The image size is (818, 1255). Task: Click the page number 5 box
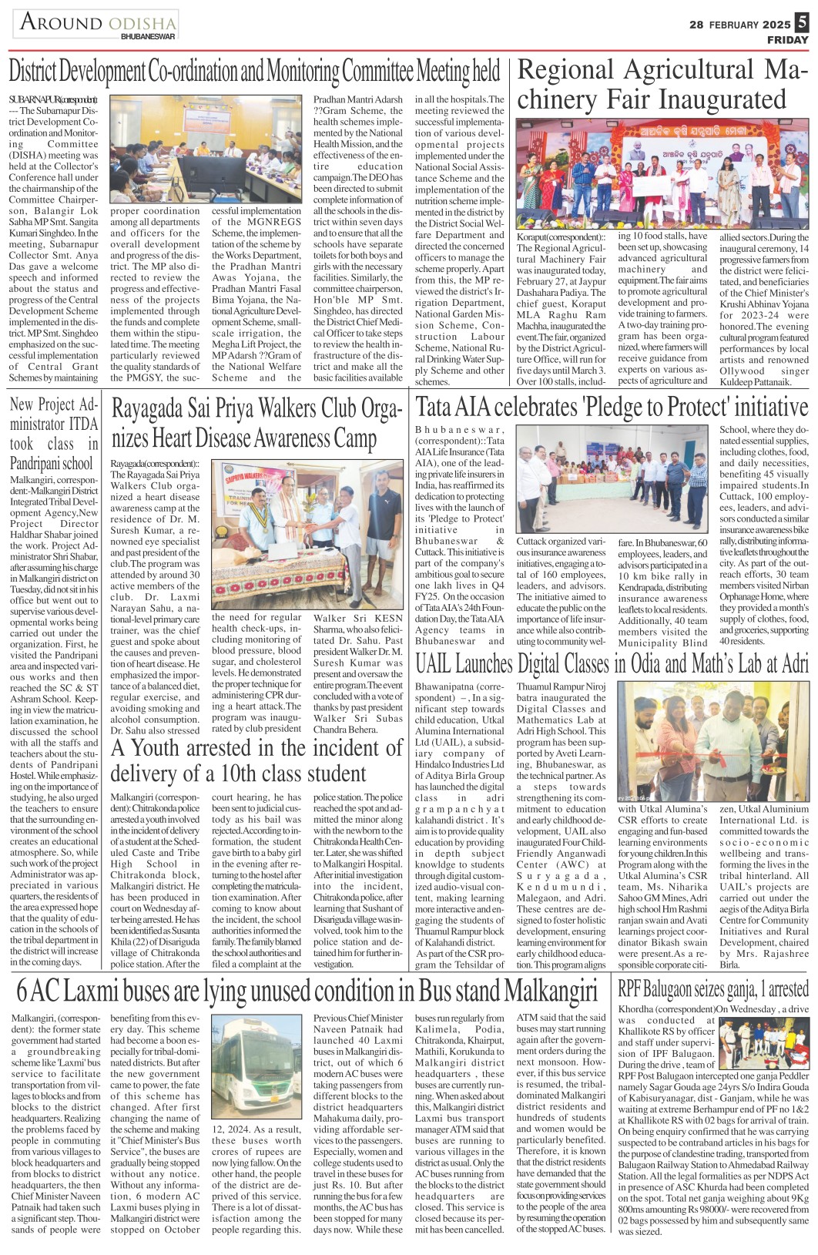[x=801, y=23]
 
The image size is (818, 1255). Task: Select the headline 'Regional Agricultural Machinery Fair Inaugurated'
[x=662, y=85]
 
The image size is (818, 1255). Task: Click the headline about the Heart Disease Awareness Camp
[x=256, y=424]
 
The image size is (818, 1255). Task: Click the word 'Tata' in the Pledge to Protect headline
[x=435, y=407]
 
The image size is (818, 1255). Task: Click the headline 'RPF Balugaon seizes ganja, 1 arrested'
[x=713, y=988]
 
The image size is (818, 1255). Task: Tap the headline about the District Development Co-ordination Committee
[x=254, y=72]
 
